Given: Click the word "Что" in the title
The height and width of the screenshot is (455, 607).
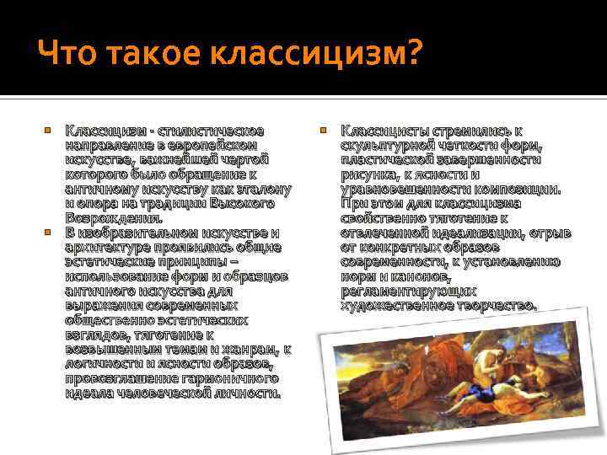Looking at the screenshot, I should coord(65,55).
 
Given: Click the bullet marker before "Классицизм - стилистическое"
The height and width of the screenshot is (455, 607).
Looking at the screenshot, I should coord(49,131).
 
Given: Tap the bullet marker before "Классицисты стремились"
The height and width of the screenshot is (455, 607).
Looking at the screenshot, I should coord(325,131).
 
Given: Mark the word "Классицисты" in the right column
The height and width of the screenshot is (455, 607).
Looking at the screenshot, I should coord(384,131).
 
